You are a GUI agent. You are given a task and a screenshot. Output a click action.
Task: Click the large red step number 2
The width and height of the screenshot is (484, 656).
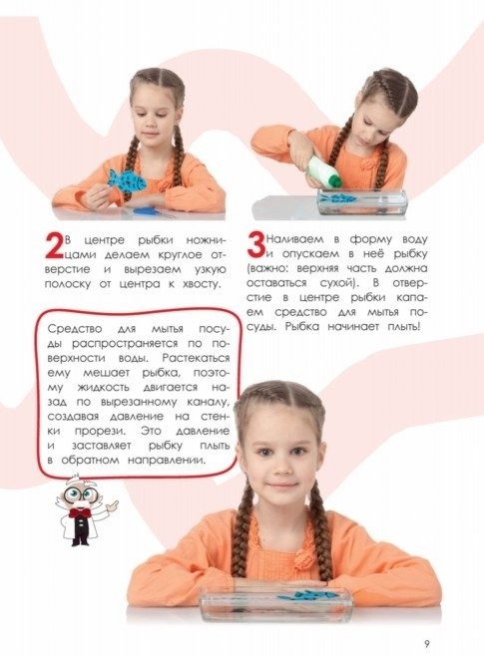(55, 247)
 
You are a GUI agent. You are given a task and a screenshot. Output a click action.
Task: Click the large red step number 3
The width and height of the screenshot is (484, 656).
(255, 246)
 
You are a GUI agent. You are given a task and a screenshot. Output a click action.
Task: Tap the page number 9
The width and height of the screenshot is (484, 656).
(427, 643)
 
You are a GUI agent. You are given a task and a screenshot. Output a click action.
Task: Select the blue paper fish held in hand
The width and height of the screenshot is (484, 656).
(126, 179)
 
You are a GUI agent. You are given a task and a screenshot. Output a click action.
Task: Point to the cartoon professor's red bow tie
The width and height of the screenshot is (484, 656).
(78, 513)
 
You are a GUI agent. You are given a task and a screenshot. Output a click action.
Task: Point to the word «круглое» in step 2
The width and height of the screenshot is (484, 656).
(181, 254)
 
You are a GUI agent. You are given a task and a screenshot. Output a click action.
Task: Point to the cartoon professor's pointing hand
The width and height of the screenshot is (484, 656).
(111, 506)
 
